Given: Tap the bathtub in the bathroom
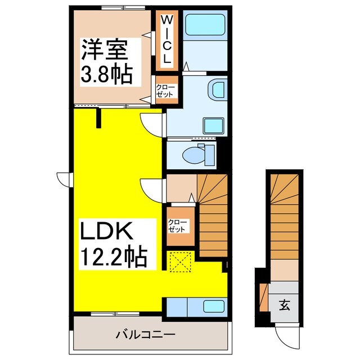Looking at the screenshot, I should click(x=205, y=25).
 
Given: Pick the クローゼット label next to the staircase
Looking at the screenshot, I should click(x=179, y=226).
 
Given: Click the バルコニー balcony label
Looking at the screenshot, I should click(x=146, y=335).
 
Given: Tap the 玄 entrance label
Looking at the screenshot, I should click(x=285, y=305).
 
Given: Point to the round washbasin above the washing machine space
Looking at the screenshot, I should click(x=217, y=89).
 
